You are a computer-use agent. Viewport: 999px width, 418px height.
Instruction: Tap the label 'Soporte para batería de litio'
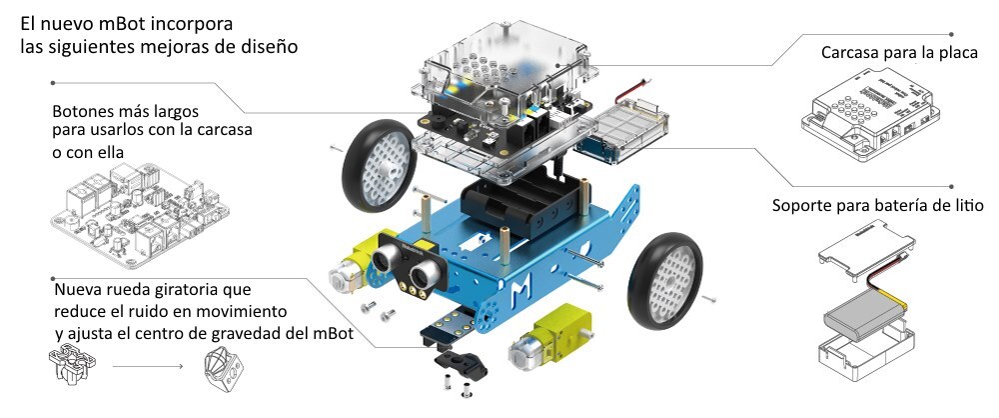click(x=879, y=206)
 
